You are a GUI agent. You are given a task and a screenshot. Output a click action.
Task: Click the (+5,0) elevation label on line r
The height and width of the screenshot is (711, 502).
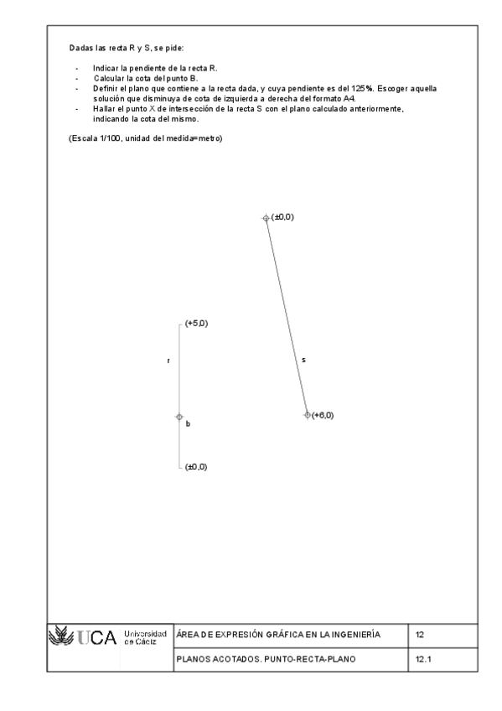[x=196, y=324]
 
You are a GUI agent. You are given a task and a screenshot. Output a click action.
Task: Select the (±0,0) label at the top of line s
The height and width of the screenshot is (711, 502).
[x=282, y=217]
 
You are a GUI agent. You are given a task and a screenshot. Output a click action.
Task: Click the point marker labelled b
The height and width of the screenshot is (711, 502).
[x=179, y=416]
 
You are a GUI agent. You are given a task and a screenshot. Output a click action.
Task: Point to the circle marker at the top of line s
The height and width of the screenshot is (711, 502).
[x=266, y=218]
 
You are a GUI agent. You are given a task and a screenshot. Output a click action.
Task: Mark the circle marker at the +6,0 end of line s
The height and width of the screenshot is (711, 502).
[x=307, y=415]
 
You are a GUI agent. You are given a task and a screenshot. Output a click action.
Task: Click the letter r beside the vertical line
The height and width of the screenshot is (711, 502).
[x=168, y=361]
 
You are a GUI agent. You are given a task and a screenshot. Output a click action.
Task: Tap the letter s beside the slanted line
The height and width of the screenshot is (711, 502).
[x=303, y=360]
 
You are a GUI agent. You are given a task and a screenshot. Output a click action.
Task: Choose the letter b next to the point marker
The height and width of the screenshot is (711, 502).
[x=188, y=424]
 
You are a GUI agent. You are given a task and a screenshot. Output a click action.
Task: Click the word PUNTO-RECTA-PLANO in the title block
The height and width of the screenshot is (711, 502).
[x=316, y=660]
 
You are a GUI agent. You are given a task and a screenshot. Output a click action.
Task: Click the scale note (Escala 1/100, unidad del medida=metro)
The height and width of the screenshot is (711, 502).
[x=145, y=137]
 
